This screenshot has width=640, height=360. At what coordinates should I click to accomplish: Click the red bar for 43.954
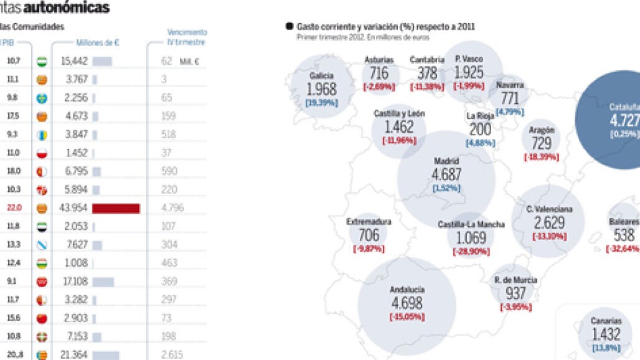(x=116, y=208)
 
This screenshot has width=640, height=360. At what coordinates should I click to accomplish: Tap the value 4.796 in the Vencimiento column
(x=172, y=208)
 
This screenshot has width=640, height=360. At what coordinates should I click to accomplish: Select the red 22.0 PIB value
(x=14, y=208)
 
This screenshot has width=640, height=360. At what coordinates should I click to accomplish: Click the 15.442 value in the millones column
(x=73, y=61)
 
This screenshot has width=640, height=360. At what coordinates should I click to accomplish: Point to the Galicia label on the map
(x=321, y=75)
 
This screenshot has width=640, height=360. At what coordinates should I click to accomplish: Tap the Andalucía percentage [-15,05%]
(x=407, y=316)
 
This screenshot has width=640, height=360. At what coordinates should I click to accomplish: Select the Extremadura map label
(x=369, y=221)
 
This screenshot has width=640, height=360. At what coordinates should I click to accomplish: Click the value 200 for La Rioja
(x=480, y=130)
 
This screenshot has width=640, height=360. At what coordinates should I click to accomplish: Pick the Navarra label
(x=510, y=85)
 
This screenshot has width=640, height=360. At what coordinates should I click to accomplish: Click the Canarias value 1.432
(x=606, y=334)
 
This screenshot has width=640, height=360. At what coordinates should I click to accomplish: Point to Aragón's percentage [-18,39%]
(x=541, y=157)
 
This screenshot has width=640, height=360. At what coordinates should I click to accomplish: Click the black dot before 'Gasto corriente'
(x=289, y=26)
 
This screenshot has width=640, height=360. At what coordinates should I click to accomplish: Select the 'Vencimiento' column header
(x=187, y=32)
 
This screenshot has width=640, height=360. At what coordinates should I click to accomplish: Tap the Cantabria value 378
(x=427, y=73)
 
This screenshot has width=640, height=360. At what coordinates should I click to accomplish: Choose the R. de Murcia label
(x=515, y=279)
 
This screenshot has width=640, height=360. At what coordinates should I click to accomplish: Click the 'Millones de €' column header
(x=97, y=42)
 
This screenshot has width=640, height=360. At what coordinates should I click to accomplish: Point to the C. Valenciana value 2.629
(x=548, y=223)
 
